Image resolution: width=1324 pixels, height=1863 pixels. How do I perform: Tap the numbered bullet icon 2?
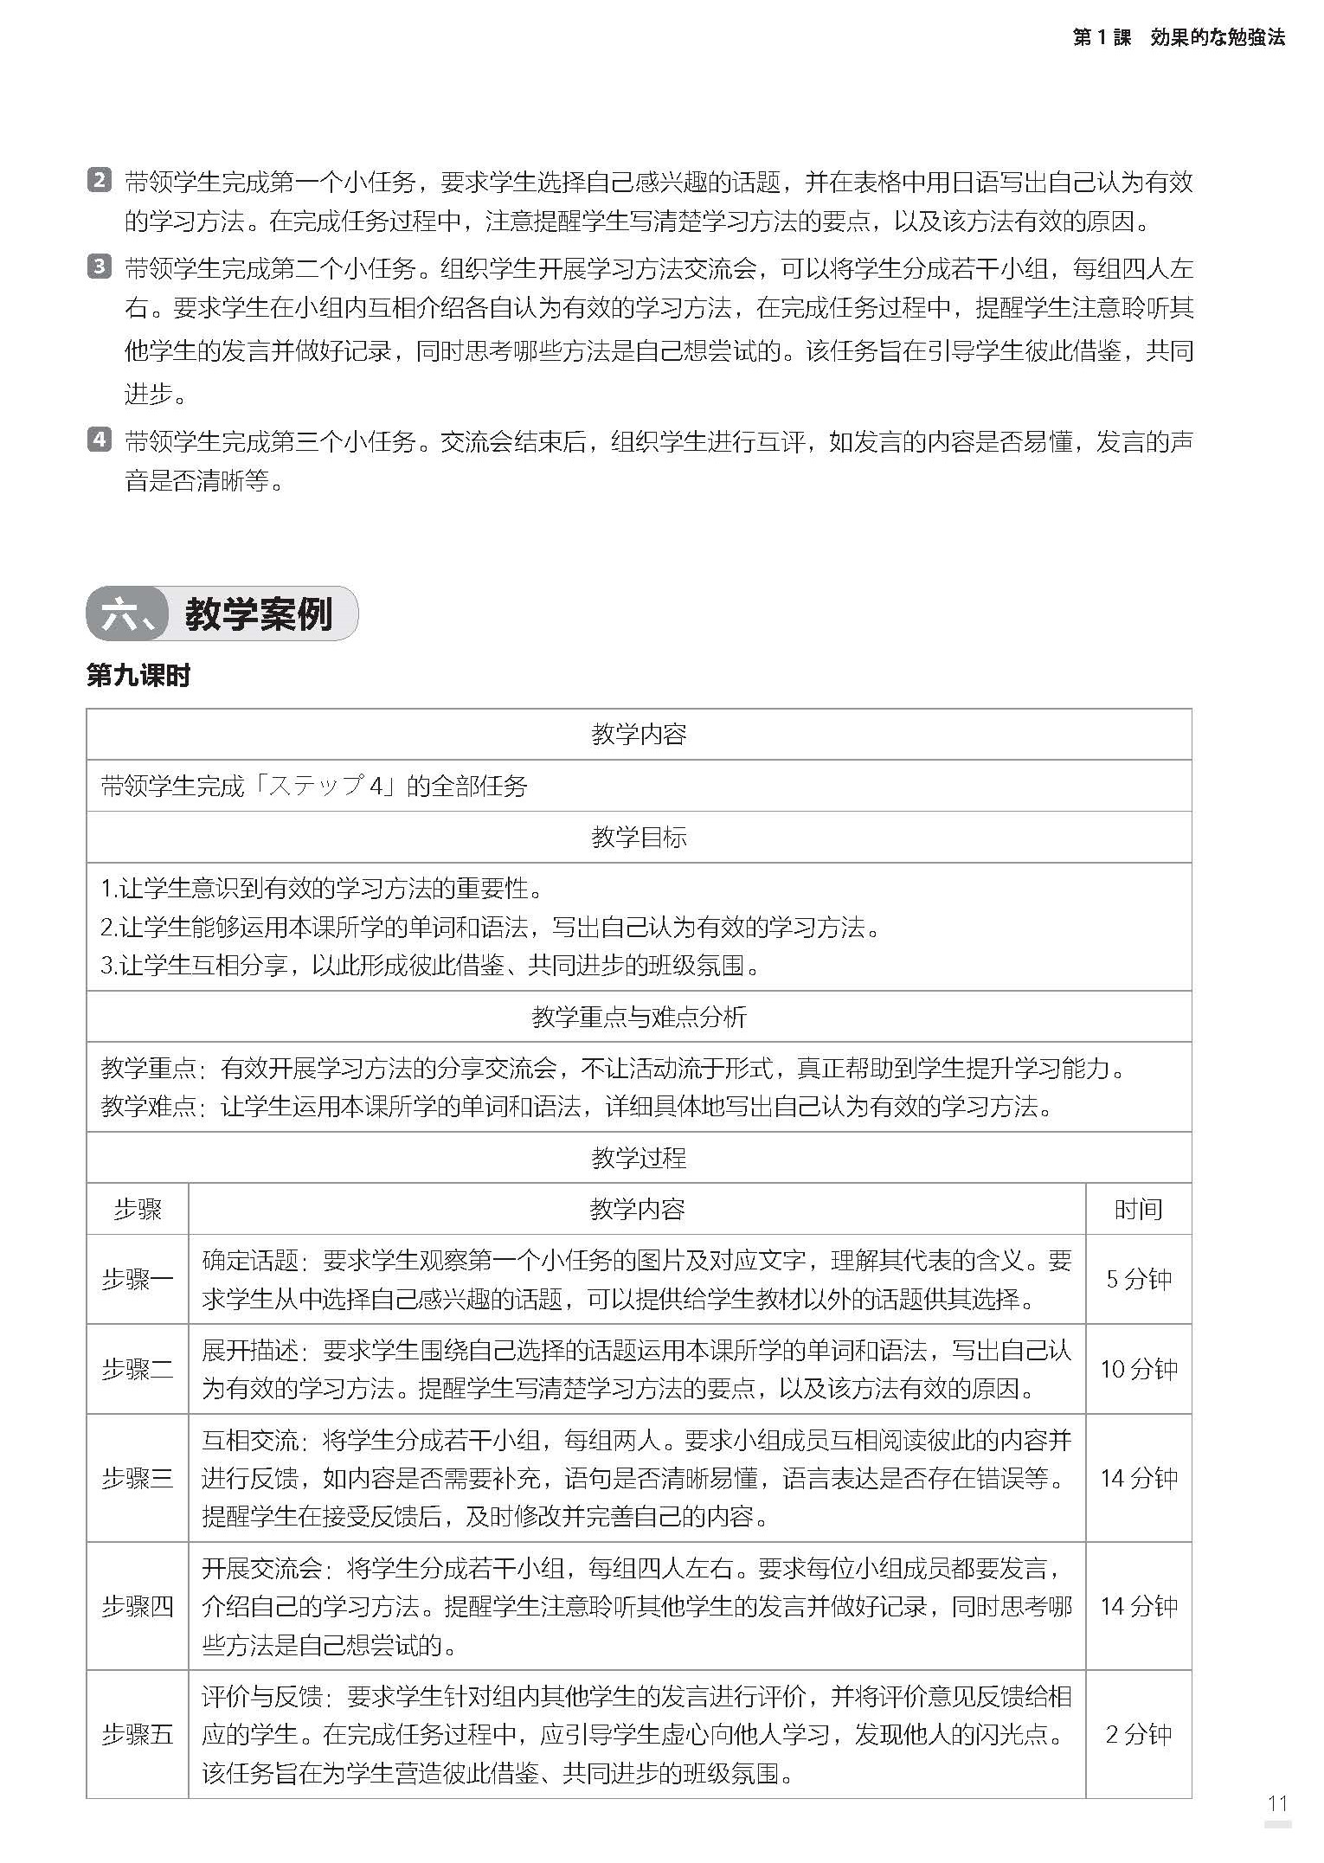100,182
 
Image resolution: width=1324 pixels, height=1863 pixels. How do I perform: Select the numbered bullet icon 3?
100,267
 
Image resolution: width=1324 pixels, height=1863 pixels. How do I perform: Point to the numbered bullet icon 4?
100,440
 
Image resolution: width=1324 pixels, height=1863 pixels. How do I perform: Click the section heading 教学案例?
258,614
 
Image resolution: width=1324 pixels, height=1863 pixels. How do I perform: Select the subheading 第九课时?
138,676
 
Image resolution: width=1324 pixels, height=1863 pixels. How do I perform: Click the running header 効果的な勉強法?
1218,37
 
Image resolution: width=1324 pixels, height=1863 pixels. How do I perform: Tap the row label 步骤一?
138,1279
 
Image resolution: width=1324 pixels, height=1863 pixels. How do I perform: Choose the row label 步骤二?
138,1369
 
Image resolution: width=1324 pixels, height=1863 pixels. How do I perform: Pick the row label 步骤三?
138,1478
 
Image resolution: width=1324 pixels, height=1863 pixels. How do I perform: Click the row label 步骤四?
138,1606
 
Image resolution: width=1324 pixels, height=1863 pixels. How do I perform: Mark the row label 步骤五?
138,1734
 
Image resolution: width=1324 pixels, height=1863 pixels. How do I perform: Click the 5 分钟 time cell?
1139,1279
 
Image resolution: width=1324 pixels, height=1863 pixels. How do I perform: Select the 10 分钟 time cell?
1139,1369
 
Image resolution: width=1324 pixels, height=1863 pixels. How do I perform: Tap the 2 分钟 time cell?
1139,1734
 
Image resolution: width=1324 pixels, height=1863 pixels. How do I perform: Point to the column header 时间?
1139,1209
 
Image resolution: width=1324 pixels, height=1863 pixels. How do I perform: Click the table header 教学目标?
639,837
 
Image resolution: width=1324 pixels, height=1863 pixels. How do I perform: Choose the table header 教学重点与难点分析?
639,1017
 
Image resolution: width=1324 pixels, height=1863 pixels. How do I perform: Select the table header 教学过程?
639,1158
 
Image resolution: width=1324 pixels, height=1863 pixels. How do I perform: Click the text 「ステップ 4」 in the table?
320,786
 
